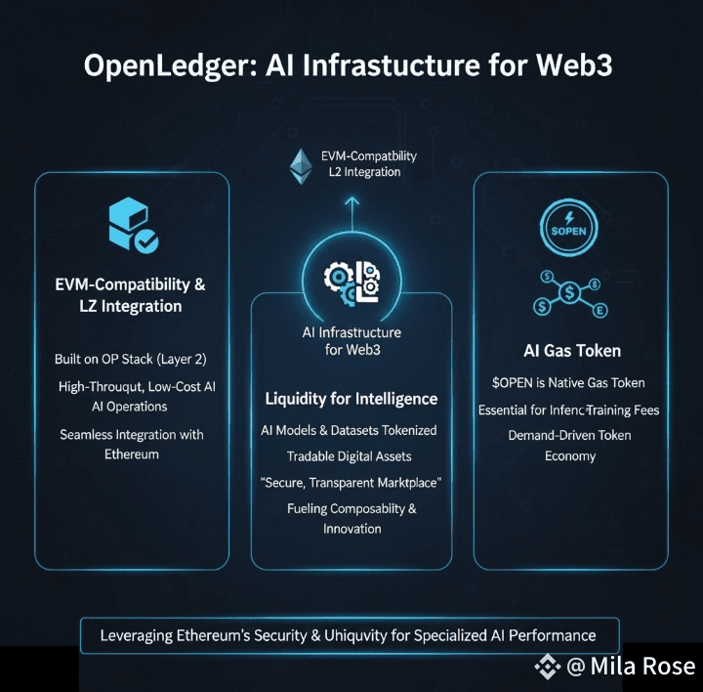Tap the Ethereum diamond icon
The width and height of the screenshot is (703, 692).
coord(299,165)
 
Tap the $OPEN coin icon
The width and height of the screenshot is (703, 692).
coord(570,231)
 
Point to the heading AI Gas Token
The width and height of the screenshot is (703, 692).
coord(572,350)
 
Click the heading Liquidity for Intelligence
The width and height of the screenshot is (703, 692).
coord(351,399)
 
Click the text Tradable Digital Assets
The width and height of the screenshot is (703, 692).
coord(350,456)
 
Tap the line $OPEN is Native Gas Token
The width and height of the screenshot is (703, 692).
coord(568,383)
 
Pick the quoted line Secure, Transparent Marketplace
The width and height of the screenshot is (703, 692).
coord(351,483)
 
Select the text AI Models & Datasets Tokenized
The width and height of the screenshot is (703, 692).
coord(349,430)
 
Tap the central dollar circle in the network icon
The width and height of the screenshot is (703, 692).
coord(570,291)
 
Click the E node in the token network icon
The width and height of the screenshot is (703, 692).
coord(600,310)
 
